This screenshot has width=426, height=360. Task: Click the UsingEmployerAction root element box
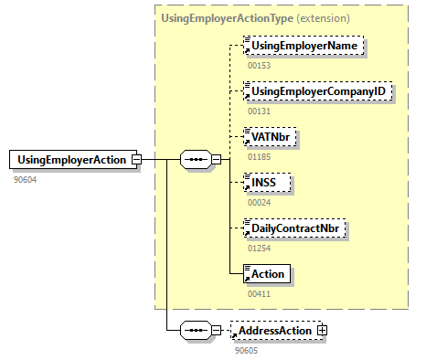click(x=72, y=160)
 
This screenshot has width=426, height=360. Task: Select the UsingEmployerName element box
click(x=304, y=46)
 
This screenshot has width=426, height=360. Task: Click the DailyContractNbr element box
click(x=296, y=228)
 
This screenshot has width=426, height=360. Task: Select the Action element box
click(x=266, y=273)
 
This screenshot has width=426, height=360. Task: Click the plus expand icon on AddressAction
click(x=322, y=330)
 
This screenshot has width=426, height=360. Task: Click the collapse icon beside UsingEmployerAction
click(x=136, y=160)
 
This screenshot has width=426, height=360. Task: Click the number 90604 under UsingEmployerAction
click(x=26, y=180)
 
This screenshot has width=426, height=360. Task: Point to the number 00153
click(x=259, y=65)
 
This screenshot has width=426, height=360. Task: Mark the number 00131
click(x=259, y=111)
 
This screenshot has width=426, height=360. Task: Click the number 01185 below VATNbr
click(x=259, y=156)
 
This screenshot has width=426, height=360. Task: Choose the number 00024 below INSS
click(x=259, y=202)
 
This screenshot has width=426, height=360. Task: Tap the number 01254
click(x=259, y=248)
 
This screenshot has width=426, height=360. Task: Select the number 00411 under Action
click(x=259, y=293)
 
